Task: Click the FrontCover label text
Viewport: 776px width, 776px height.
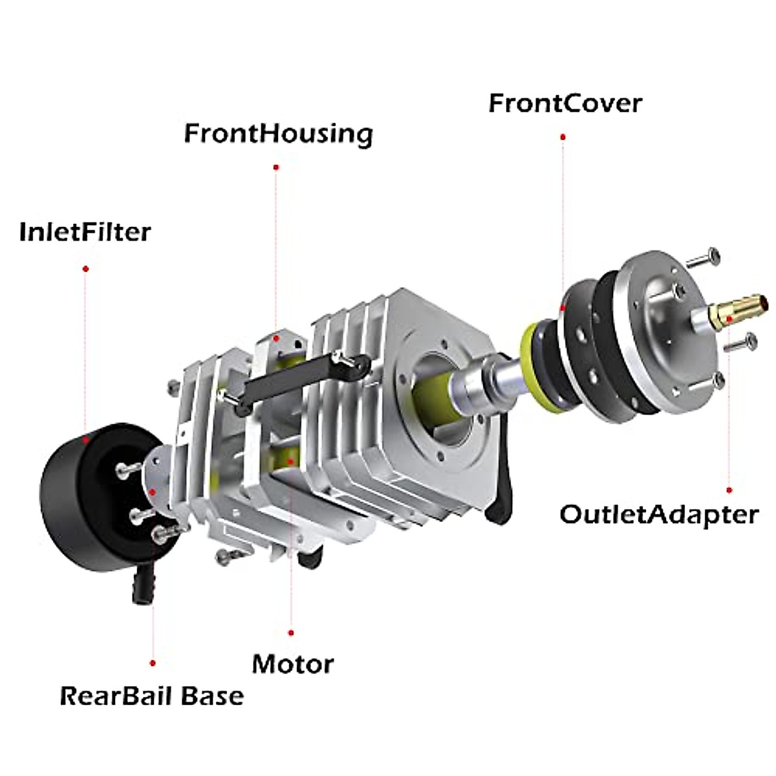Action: tap(565, 103)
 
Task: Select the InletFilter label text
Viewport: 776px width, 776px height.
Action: tap(85, 232)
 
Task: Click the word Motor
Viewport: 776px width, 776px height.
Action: tap(293, 664)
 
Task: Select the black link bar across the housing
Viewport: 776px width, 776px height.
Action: tap(304, 383)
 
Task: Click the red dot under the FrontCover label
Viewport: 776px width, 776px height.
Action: tap(563, 137)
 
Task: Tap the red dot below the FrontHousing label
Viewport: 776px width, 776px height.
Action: tap(276, 167)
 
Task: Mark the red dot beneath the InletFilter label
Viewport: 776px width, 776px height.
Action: tap(85, 268)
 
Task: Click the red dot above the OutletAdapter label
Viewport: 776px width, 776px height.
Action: tap(729, 490)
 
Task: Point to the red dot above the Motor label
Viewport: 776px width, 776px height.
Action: tap(291, 633)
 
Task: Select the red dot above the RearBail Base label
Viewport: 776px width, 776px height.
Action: tap(152, 674)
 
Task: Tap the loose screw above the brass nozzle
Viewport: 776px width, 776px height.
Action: tap(703, 258)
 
